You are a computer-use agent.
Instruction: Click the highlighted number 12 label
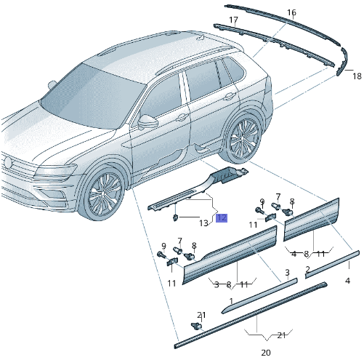coord(222,217)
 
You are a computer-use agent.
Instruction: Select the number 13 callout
coord(204,223)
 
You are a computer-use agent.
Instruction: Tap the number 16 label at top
coord(291,13)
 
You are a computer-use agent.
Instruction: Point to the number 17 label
coord(233,20)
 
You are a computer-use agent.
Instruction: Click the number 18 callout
coord(357,76)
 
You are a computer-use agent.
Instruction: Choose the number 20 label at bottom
coord(265,352)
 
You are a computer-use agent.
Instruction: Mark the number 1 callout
coord(231,300)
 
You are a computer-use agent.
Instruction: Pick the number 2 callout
coord(307,269)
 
